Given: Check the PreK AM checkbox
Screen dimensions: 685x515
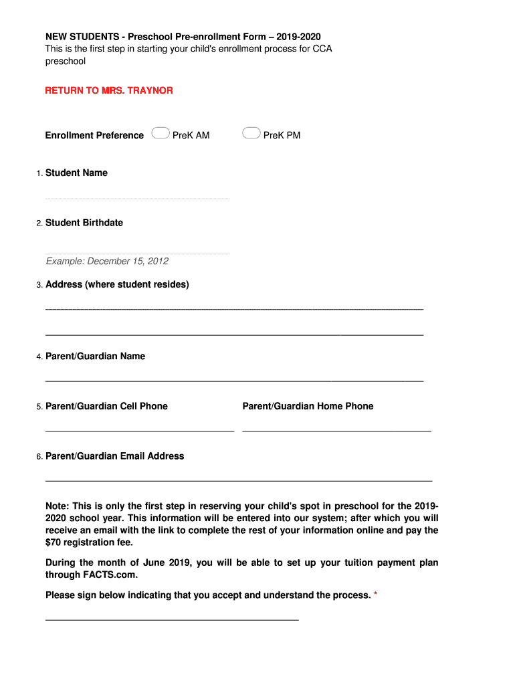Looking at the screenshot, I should coord(160,133).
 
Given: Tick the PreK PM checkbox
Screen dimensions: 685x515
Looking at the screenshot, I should coord(251,133).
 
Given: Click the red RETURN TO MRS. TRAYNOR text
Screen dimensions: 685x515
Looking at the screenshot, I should coord(109,90).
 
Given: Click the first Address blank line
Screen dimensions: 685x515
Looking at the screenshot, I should coord(234,308).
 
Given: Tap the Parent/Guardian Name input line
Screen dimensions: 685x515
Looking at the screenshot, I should coord(234,380).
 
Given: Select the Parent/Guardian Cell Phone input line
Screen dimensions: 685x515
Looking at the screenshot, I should coord(139,429).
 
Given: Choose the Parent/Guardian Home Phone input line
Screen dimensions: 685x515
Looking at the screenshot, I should coord(336,429).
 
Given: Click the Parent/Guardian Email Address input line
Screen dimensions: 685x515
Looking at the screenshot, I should coord(238,480).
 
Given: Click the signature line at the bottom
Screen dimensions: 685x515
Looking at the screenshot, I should coord(171,619).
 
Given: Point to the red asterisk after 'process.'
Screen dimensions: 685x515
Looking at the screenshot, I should coord(376,595).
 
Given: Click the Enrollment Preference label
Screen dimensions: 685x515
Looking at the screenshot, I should coord(94,135).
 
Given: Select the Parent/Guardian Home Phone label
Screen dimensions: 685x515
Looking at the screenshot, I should coord(308,406).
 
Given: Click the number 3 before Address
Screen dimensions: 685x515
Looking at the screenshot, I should coord(39,285).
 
